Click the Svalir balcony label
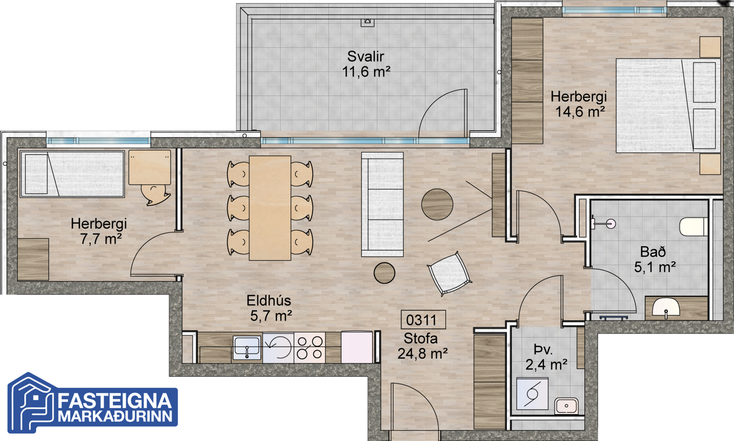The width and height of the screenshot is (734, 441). coord(366,64)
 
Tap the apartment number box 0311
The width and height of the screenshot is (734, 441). coord(423,320)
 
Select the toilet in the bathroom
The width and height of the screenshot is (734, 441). coord(694,227)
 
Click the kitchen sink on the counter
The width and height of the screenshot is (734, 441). coord(247,348)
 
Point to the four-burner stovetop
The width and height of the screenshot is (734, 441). coord(310,347)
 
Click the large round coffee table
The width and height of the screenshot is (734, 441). coord(437,204)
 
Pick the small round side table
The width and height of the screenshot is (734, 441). coord(384,273)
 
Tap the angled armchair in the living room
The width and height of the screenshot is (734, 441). coord(450,274)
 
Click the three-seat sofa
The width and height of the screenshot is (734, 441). coord(383,204)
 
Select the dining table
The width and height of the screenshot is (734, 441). coord(270,208)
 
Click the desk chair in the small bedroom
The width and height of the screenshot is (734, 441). coord(156,194)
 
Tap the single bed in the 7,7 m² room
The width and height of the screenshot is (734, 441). coord(72,174)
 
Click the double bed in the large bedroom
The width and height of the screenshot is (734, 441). coord(668,106)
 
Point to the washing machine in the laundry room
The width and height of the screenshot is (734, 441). coord(532,394)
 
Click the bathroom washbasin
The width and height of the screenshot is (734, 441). coord(666,308)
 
